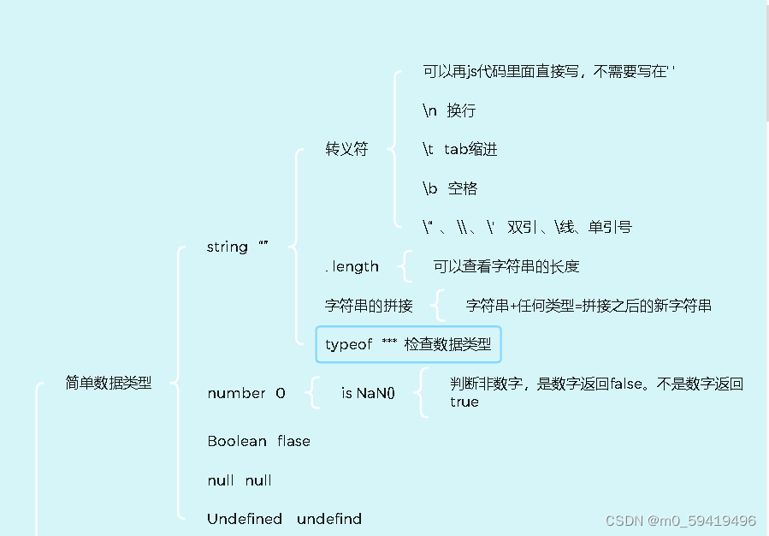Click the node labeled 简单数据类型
(x=109, y=384)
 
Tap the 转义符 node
(x=346, y=149)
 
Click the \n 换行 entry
(x=449, y=110)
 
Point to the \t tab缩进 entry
(x=459, y=149)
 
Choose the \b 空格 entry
(x=450, y=188)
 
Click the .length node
(x=352, y=266)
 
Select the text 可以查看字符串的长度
(x=506, y=266)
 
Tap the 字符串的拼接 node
(x=369, y=306)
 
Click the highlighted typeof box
(x=408, y=344)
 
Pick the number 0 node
(x=246, y=393)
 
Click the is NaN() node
(x=368, y=393)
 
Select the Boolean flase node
(x=258, y=441)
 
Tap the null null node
(x=240, y=480)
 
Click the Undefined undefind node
(x=284, y=519)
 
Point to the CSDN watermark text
(x=680, y=521)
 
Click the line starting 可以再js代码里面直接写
(x=548, y=72)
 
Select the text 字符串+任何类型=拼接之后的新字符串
(x=589, y=306)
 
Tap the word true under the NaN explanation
(x=464, y=402)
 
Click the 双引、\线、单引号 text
(x=569, y=227)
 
